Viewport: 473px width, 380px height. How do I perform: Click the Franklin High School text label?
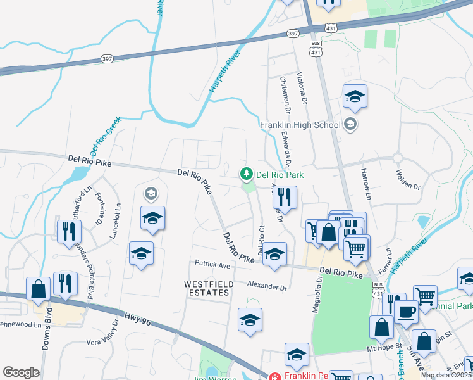(x=300, y=125)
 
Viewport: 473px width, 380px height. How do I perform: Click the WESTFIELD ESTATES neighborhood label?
(x=206, y=289)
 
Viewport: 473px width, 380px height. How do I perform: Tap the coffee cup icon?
(x=408, y=311)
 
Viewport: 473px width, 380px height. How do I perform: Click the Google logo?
(x=21, y=372)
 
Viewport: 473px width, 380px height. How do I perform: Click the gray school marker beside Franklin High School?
(x=350, y=124)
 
